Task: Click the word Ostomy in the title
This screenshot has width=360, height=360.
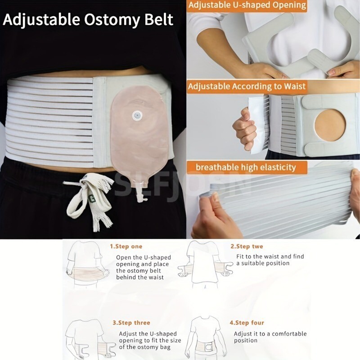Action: (x=104, y=20)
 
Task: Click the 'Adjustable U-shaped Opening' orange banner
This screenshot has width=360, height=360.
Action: (x=247, y=6)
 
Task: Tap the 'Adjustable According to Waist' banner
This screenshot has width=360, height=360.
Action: (x=247, y=86)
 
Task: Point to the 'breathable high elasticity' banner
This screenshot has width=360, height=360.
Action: (x=246, y=167)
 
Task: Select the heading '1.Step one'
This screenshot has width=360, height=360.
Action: (x=126, y=247)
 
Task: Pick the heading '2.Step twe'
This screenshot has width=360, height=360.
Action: (x=247, y=247)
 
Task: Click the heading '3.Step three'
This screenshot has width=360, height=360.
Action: (x=131, y=323)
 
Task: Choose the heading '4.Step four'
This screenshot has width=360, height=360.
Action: (x=247, y=323)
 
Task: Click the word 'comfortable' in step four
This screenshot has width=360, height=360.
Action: (x=288, y=334)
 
